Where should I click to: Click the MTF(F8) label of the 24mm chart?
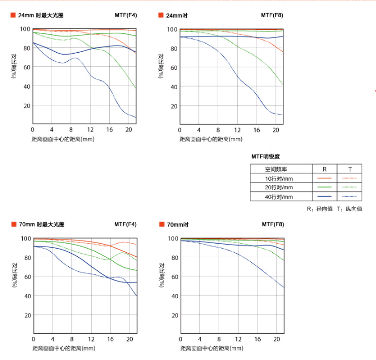pos(272,15)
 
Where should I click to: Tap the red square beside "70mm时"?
pos(161,224)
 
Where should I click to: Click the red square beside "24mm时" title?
pos(161,15)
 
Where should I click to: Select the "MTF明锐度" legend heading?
pos(265,156)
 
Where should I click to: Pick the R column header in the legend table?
pos(324,169)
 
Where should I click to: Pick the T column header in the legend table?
pos(350,169)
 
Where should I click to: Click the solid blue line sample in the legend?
pos(324,196)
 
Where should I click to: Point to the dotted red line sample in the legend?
pos(350,178)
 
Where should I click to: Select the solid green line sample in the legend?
pos(324,187)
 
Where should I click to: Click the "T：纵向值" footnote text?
pos(350,209)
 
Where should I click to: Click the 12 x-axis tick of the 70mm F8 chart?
pos(238,339)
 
